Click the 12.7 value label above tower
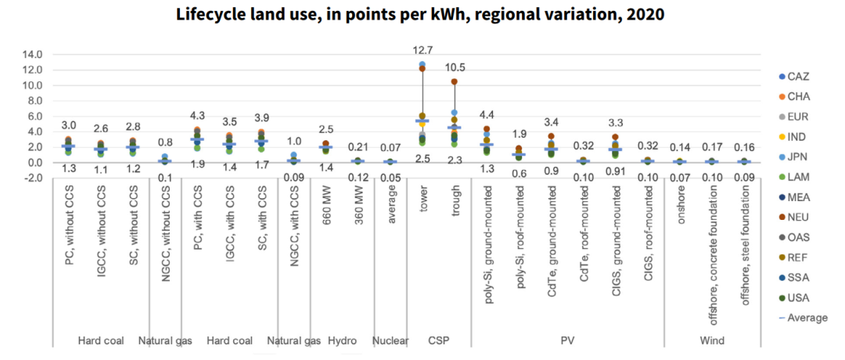pyautogui.click(x=422, y=50)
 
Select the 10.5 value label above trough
pyautogui.click(x=454, y=67)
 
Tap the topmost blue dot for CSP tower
pyautogui.click(x=422, y=64)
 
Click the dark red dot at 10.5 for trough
pyautogui.click(x=455, y=81)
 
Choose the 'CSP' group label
pyautogui.click(x=438, y=341)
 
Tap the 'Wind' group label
pyautogui.click(x=712, y=341)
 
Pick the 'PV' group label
pyautogui.click(x=567, y=341)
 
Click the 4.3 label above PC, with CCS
pyautogui.click(x=197, y=116)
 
